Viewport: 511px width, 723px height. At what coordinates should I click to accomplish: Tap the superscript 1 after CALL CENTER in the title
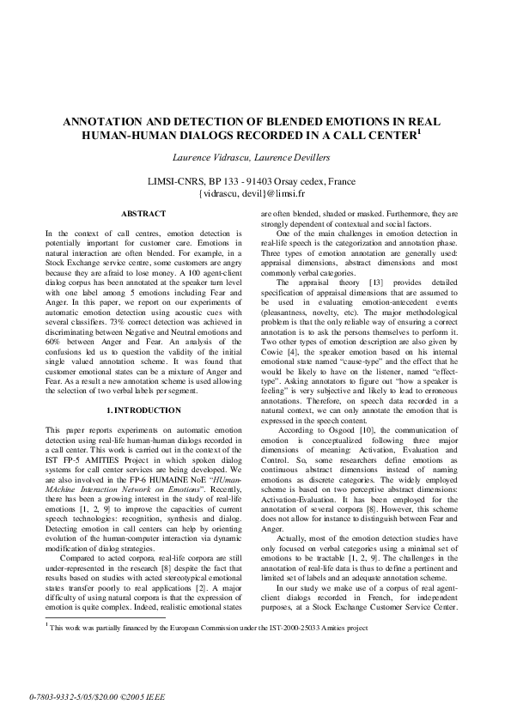click(x=418, y=131)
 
